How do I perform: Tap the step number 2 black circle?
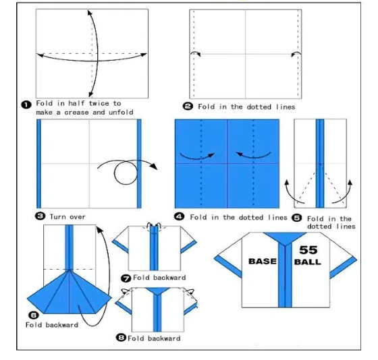pyautogui.click(x=188, y=107)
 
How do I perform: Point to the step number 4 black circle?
pyautogui.click(x=180, y=217)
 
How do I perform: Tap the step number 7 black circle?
pyautogui.click(x=126, y=278)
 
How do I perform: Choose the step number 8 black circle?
pyautogui.click(x=122, y=338)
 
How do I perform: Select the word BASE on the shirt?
pyautogui.click(x=263, y=261)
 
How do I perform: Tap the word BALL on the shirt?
pyautogui.click(x=308, y=262)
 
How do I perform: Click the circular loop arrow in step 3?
pyautogui.click(x=125, y=173)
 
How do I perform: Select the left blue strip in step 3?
pyautogui.click(x=39, y=164)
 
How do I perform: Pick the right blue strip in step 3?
pyautogui.click(x=139, y=164)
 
